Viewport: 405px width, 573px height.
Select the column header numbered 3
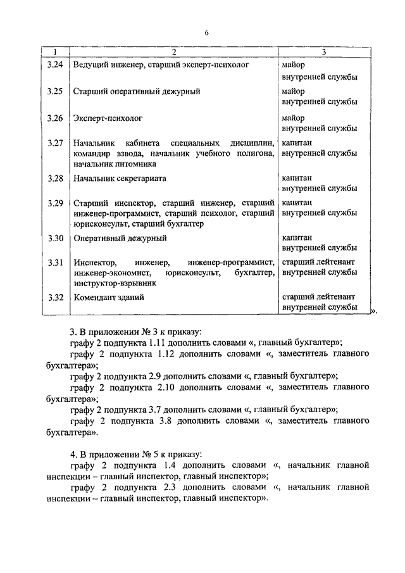click(323, 52)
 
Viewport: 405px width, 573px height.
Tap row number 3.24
click(55, 65)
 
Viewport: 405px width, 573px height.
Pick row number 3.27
click(55, 142)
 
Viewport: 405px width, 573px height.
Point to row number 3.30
click(55, 238)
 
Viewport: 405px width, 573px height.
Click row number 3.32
click(55, 296)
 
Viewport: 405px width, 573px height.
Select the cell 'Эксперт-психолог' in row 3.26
click(108, 118)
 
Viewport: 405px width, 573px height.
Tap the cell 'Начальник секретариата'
click(120, 179)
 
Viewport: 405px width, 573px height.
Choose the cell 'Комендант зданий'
click(108, 296)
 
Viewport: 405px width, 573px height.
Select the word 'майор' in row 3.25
click(293, 91)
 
